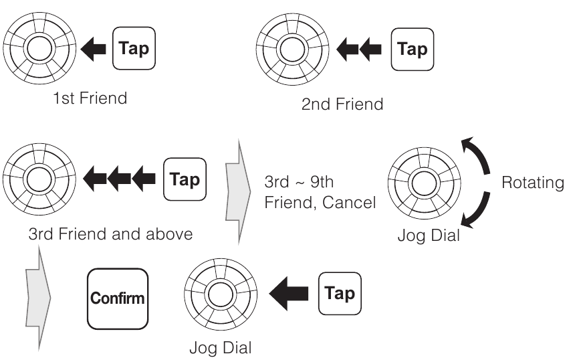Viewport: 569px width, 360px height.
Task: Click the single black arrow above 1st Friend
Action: (93, 49)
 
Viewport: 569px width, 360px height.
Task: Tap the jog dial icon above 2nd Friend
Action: (291, 48)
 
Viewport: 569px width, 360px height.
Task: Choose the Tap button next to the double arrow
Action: (412, 49)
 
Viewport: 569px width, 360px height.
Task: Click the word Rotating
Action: (532, 183)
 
